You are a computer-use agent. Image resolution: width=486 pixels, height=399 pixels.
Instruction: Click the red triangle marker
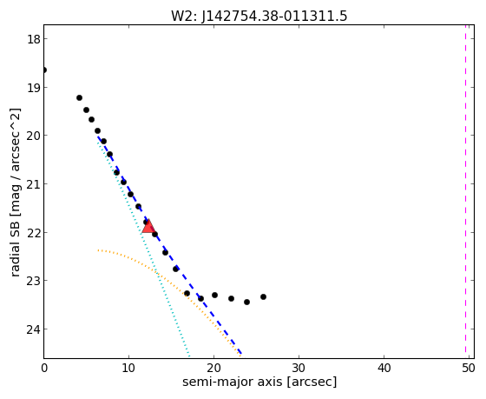148,226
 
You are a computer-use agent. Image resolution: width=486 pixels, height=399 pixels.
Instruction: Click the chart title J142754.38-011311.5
259,17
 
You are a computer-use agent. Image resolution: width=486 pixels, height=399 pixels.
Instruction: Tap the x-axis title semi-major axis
259,382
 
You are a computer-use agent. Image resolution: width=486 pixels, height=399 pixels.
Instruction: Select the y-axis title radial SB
16,192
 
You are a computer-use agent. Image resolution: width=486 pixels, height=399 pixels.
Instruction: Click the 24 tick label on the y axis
33,329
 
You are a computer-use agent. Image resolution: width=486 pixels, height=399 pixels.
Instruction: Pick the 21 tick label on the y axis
33,184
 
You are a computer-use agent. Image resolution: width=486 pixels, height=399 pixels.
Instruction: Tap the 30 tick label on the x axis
299,368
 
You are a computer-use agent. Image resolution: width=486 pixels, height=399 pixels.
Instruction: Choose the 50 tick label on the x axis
469,368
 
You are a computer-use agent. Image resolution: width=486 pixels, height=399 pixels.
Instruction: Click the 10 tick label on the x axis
128,368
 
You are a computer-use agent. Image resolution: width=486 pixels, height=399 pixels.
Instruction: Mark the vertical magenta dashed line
465,189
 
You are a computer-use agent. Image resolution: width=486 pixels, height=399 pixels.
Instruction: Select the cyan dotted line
143,245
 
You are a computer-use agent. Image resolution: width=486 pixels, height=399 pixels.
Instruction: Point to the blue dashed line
169,245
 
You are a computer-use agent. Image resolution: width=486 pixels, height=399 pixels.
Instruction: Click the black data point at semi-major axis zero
44,70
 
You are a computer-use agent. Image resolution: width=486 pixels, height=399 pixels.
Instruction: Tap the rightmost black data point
264,296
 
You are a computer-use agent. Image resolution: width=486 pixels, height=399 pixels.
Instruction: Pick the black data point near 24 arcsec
246,302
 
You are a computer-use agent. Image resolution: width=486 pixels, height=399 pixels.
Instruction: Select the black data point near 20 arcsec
215,295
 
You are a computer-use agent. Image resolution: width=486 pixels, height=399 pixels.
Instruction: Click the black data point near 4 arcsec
79,98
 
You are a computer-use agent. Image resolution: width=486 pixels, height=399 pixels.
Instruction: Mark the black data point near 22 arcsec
231,298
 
